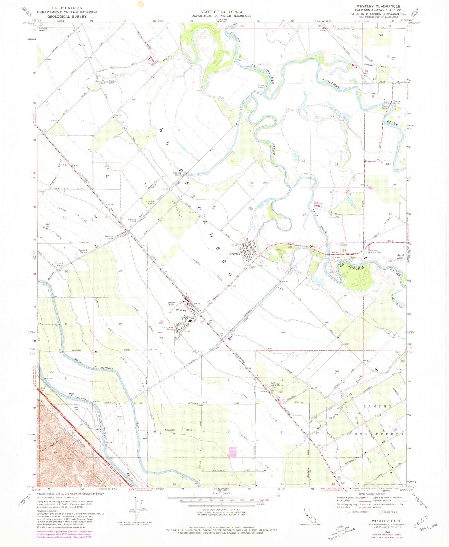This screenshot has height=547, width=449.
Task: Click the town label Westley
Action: click(x=181, y=310)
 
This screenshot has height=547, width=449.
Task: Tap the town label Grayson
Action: click(x=235, y=254)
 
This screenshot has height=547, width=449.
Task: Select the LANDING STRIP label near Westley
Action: click(x=172, y=304)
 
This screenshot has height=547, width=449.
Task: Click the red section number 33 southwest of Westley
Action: click(x=161, y=338)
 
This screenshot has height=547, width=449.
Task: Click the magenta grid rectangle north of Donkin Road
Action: click(x=232, y=452)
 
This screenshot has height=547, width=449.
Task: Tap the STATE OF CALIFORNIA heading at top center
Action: click(x=222, y=12)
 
